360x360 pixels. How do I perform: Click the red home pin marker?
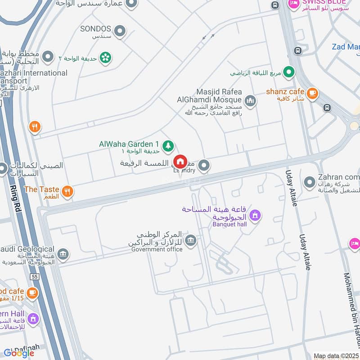(x=180, y=162)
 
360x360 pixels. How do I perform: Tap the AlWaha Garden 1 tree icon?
(x=168, y=145)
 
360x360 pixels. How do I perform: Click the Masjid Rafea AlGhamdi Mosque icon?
(x=251, y=101)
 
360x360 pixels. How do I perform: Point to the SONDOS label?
(x=95, y=29)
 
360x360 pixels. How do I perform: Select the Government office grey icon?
(x=190, y=241)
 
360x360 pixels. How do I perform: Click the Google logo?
(x=19, y=353)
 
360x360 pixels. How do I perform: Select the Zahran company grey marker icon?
(x=309, y=183)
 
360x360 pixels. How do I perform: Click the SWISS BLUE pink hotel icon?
(x=293, y=4)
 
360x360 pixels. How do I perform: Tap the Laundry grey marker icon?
(x=204, y=166)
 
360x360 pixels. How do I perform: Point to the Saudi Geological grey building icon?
(x=63, y=255)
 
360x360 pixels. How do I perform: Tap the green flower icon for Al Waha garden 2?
(x=106, y=57)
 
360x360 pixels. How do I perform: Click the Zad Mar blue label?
(x=346, y=46)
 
